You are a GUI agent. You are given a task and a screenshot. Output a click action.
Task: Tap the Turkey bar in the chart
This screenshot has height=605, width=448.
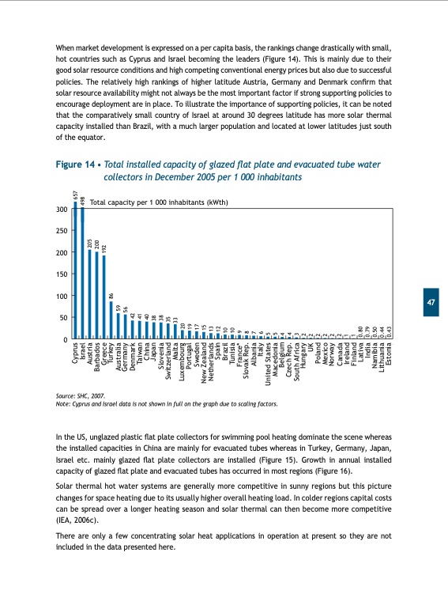(111, 321)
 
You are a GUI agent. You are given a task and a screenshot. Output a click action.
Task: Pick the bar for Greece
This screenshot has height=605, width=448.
(104, 297)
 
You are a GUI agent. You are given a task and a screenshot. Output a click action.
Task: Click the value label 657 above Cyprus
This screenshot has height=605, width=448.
(75, 195)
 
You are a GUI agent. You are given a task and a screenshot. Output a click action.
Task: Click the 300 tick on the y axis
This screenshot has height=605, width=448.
(60, 210)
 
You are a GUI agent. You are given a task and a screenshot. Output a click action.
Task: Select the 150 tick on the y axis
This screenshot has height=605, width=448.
(60, 274)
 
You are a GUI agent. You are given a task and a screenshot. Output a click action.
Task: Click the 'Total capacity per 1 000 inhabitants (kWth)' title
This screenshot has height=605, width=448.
(159, 202)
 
